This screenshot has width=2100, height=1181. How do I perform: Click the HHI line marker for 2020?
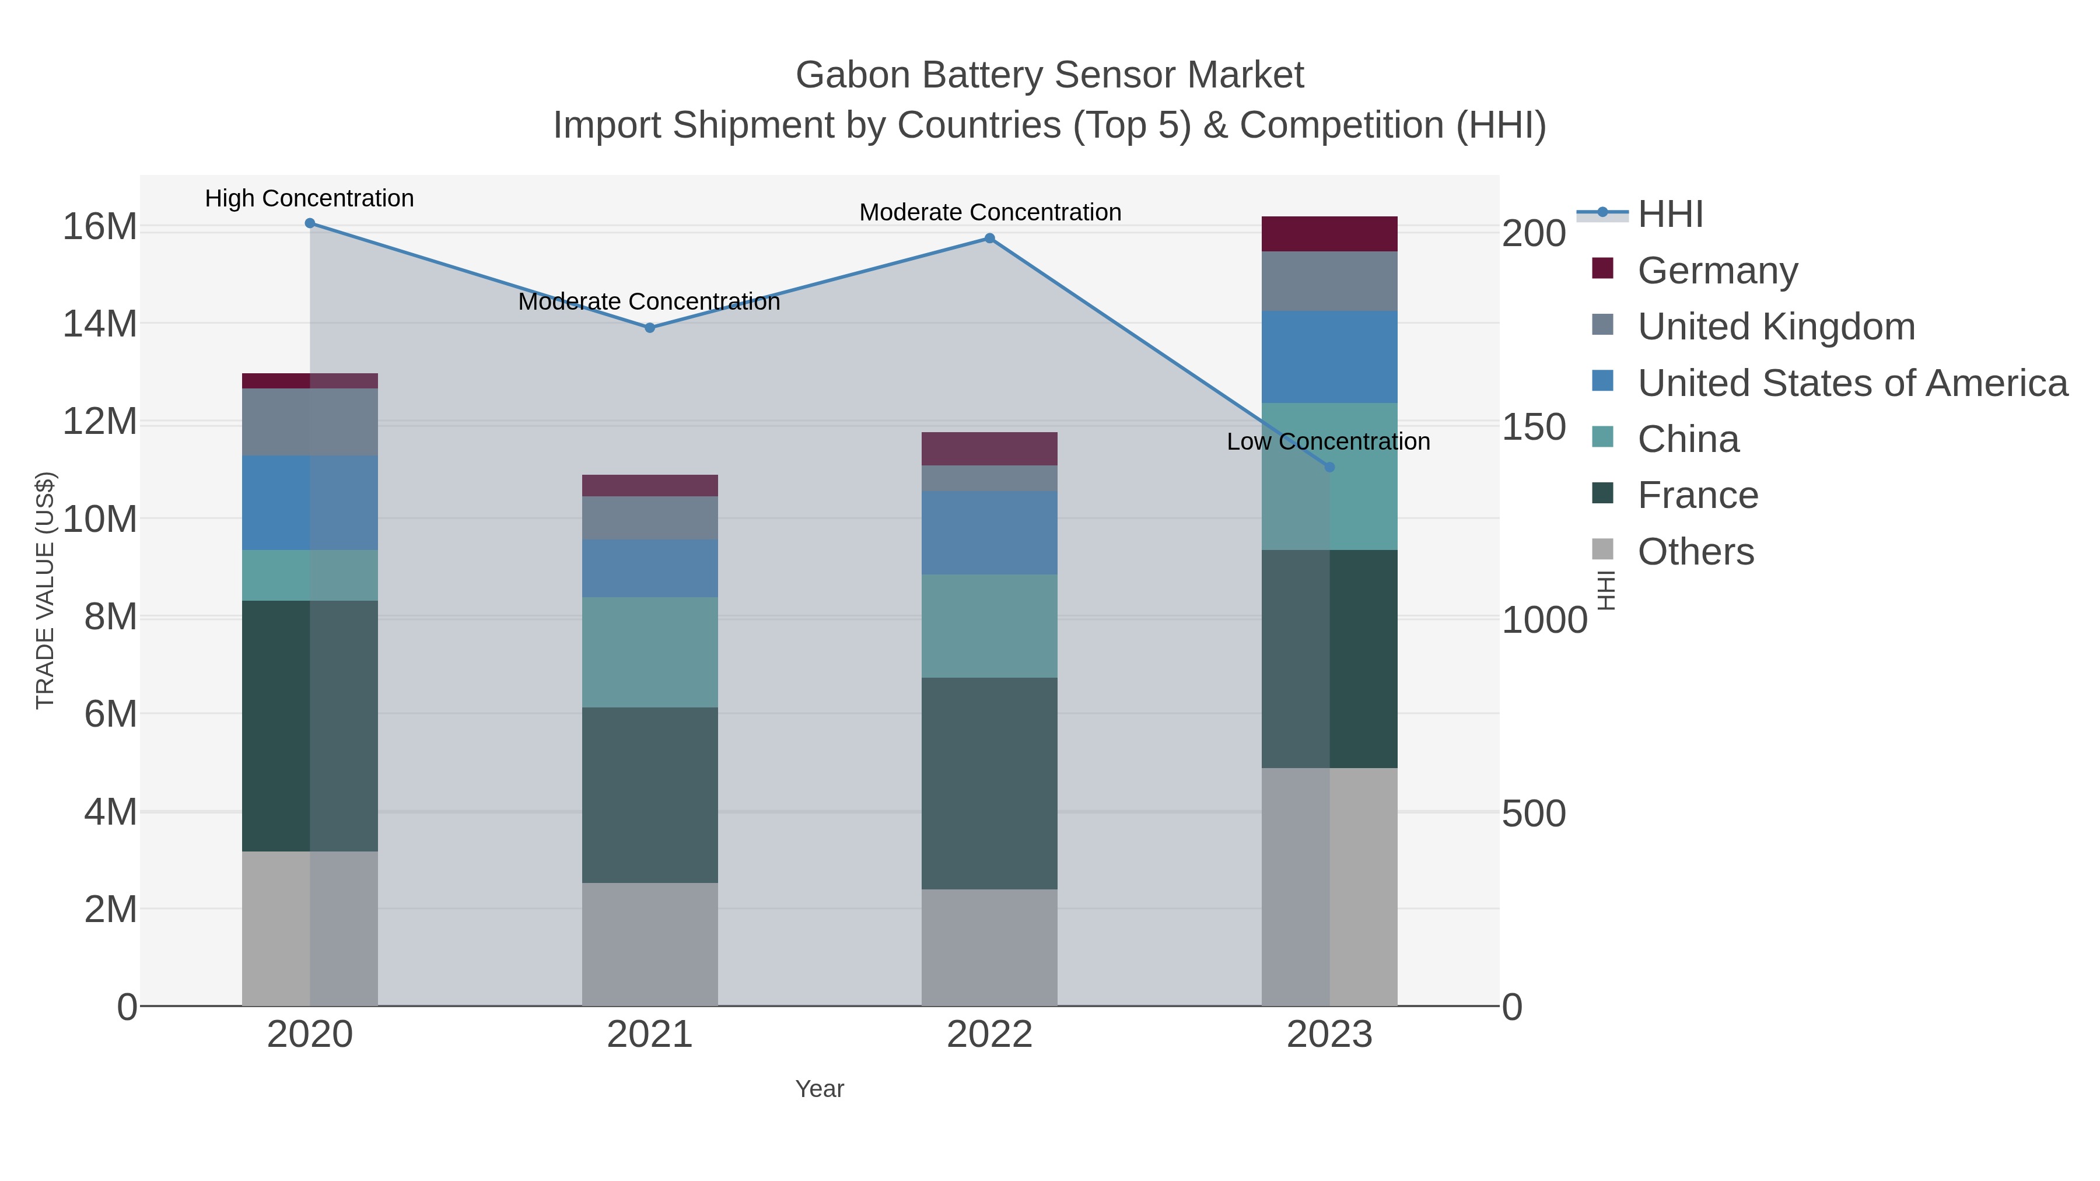pos(310,223)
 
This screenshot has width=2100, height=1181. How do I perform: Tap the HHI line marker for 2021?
pos(650,328)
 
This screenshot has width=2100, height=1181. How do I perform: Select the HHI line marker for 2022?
pos(990,238)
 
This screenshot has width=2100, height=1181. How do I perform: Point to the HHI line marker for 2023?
pos(1329,467)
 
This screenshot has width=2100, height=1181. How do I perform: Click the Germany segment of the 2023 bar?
pos(1329,234)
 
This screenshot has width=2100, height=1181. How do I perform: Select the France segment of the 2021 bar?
pos(650,795)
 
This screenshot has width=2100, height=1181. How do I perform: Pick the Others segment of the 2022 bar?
pos(990,947)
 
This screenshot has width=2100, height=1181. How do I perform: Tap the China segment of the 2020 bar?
pos(310,576)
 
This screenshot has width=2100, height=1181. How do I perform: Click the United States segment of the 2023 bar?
pos(1329,357)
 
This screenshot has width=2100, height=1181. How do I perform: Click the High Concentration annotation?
pos(310,198)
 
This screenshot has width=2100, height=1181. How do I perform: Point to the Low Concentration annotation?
pos(1328,441)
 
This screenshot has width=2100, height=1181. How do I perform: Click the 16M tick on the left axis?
pos(99,227)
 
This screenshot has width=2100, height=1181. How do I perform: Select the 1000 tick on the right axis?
pos(1544,621)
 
